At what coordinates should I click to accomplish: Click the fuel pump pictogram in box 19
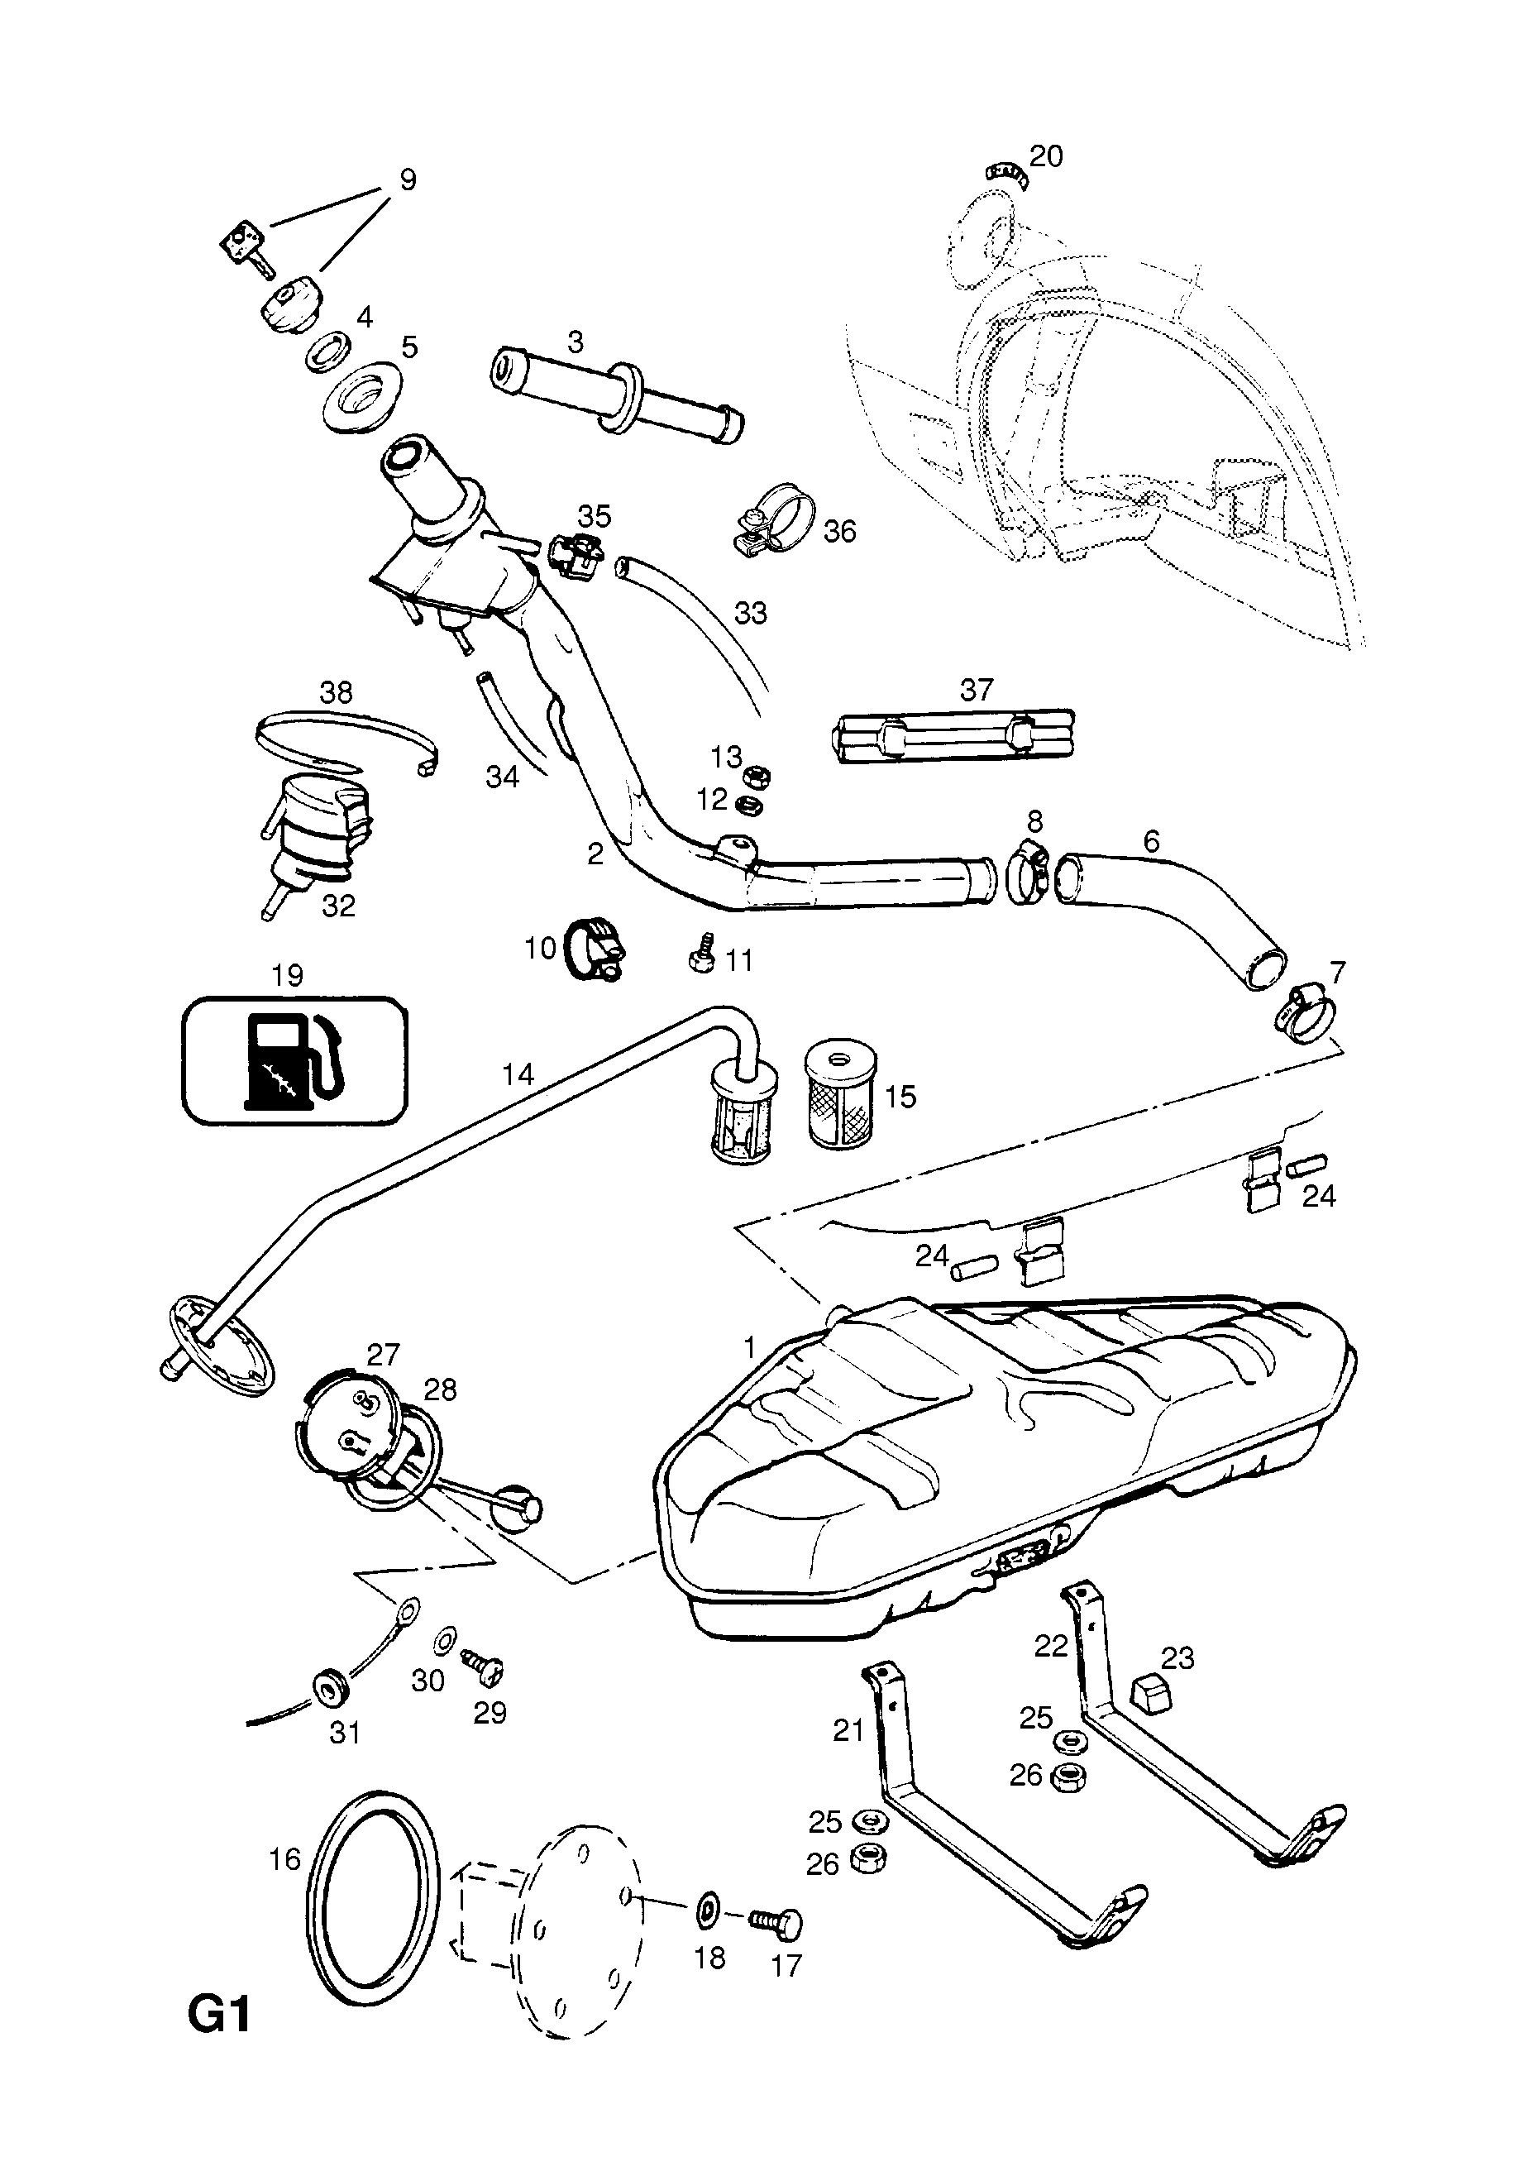(x=294, y=1059)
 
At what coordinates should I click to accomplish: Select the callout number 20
(x=1046, y=155)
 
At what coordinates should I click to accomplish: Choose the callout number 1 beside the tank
(x=750, y=1346)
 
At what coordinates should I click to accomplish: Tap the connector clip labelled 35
(x=574, y=556)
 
